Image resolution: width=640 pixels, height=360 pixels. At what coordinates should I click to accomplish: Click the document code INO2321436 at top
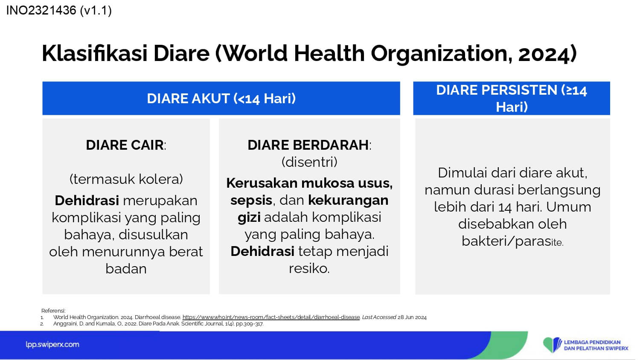pos(41,11)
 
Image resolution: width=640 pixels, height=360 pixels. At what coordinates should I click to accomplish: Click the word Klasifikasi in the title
pos(95,53)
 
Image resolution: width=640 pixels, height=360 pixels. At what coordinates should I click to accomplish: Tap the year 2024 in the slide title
pos(544,54)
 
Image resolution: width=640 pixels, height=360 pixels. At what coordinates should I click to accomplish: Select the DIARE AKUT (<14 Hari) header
pos(221,98)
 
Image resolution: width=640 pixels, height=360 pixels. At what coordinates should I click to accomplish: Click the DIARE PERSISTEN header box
pos(512,98)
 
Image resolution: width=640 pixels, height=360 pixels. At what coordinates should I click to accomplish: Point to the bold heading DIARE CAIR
pos(125,145)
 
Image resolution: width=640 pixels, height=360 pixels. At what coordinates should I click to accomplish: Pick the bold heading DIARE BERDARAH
pos(308,145)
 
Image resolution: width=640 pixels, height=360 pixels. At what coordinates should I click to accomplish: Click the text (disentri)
pos(309,162)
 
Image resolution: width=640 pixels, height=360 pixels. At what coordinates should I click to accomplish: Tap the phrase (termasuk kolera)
pos(126,179)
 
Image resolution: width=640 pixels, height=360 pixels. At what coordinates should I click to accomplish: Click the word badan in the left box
pos(126,269)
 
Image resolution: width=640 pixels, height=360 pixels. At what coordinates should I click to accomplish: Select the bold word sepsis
pos(251,200)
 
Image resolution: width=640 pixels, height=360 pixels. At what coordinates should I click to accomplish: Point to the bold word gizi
pos(249,218)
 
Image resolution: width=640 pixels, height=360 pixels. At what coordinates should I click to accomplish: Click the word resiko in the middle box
pos(308,268)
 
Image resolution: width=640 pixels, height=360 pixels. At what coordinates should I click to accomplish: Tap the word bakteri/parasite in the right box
pos(512,241)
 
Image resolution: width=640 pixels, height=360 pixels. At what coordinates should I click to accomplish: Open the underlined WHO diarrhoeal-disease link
pos(271,317)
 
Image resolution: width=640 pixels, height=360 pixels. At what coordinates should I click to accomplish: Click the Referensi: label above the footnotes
pos(53,311)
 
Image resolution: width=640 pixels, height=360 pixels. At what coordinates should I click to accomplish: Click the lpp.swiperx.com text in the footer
pos(52,345)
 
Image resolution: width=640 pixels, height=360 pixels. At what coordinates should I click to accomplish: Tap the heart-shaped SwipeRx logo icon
pos(552,345)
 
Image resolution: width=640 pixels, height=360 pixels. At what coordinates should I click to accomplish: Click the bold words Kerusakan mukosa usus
pos(309,183)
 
